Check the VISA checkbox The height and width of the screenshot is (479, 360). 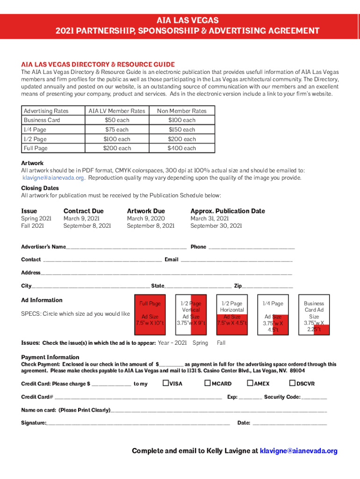click(166, 384)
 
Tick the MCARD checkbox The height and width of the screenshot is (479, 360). click(208, 384)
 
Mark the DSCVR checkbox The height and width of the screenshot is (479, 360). click(293, 384)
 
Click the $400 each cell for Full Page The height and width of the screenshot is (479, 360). click(182, 148)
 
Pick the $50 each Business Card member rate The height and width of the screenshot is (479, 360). click(117, 120)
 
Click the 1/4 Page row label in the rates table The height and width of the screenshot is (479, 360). click(35, 130)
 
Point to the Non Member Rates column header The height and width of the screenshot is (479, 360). click(182, 111)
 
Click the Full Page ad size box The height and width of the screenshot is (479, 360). click(150, 314)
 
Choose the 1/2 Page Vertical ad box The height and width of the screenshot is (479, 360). click(191, 314)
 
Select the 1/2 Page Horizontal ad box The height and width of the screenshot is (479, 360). click(232, 314)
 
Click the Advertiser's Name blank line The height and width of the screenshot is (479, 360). click(126, 247)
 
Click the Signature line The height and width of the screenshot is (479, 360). click(138, 423)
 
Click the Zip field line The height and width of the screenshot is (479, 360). click(267, 286)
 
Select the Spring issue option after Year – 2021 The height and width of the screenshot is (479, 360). click(200, 343)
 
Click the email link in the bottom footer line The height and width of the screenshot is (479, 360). click(298, 451)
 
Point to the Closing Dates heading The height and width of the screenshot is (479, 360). click(40, 188)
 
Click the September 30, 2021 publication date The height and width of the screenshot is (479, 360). click(216, 226)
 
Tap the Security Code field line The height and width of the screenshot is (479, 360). click(314, 398)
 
